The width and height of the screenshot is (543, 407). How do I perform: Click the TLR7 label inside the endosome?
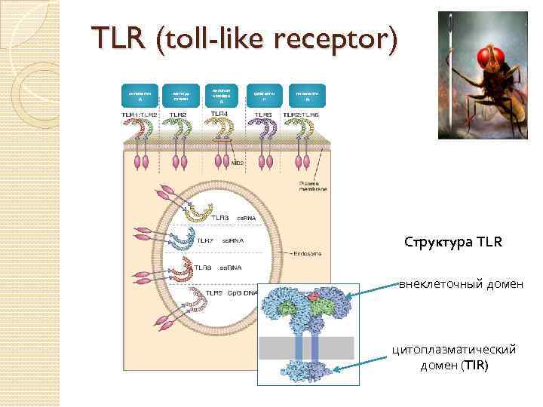click(x=207, y=240)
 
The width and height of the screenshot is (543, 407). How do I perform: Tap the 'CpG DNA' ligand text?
click(x=245, y=292)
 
